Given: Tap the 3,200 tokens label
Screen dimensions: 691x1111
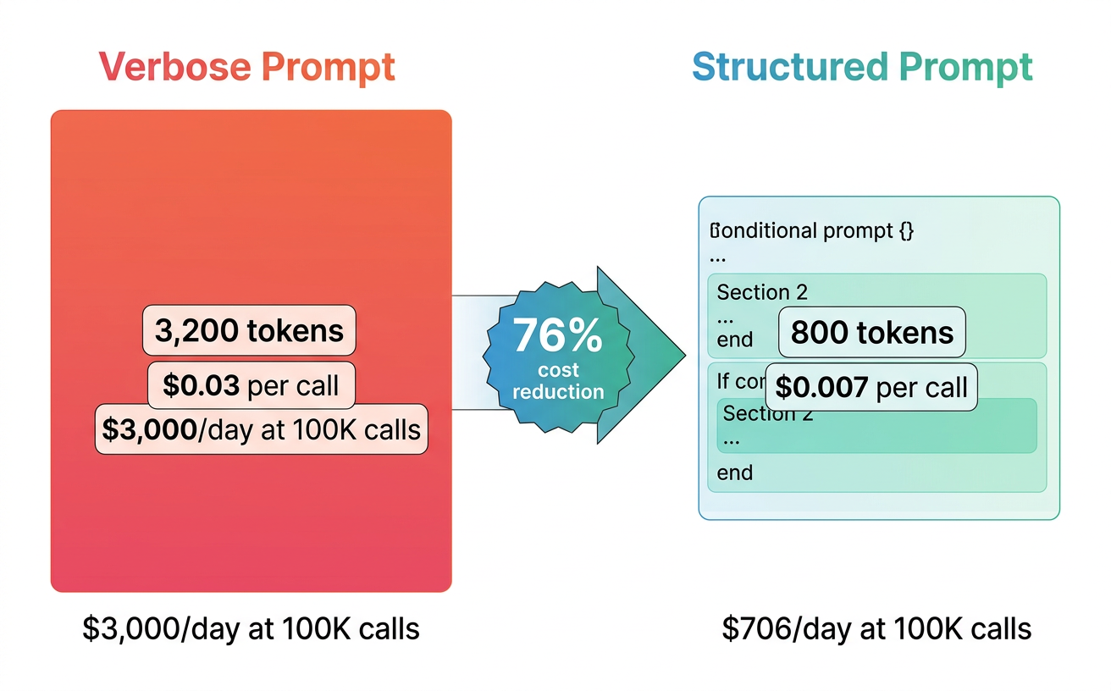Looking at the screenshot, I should (249, 330).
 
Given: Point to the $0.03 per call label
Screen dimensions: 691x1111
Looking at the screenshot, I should (251, 385).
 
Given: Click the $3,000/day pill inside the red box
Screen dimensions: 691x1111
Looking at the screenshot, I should (261, 429).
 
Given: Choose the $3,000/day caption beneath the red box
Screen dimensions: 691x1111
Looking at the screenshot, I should (251, 629).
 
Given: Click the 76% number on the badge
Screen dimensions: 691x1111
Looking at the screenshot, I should (557, 337).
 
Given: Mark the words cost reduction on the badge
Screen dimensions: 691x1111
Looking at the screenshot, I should (558, 381).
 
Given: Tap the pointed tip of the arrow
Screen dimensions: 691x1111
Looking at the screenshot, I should (682, 354).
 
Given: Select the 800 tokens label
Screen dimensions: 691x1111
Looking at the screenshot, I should (871, 332).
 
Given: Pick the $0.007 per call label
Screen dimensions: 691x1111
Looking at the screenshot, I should (871, 388).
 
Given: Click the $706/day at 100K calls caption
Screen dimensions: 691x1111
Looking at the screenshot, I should (876, 629).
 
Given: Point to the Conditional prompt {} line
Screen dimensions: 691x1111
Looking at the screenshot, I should (812, 230).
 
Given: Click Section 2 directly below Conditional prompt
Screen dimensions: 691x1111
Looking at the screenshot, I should (762, 293).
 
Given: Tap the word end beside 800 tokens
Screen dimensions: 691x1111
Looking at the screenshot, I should (734, 340).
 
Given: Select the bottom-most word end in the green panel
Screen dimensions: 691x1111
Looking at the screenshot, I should (734, 473).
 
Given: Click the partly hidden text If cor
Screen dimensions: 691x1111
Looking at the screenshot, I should (739, 382).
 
